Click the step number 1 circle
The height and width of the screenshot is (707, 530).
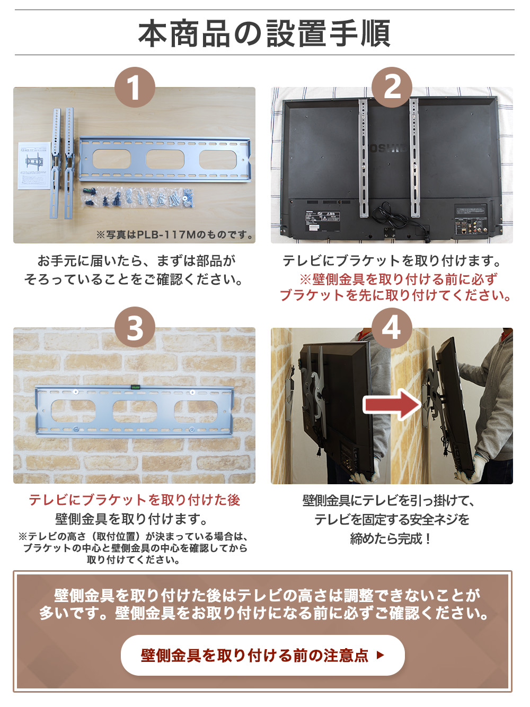(135, 88)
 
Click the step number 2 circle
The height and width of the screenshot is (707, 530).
(392, 88)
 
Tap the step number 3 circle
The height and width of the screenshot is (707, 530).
(135, 328)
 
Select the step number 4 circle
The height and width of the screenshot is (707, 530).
(392, 328)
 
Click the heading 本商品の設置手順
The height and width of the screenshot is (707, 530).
(264, 33)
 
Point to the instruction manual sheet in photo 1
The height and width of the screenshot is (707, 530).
(34, 165)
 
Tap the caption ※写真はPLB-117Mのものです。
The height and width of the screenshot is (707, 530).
(174, 234)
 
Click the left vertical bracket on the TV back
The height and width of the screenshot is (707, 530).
(363, 159)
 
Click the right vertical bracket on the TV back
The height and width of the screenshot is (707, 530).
(414, 159)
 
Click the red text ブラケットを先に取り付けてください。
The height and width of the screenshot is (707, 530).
(395, 295)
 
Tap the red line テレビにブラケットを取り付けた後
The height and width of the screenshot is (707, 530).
(134, 500)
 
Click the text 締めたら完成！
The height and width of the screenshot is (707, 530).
(391, 539)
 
